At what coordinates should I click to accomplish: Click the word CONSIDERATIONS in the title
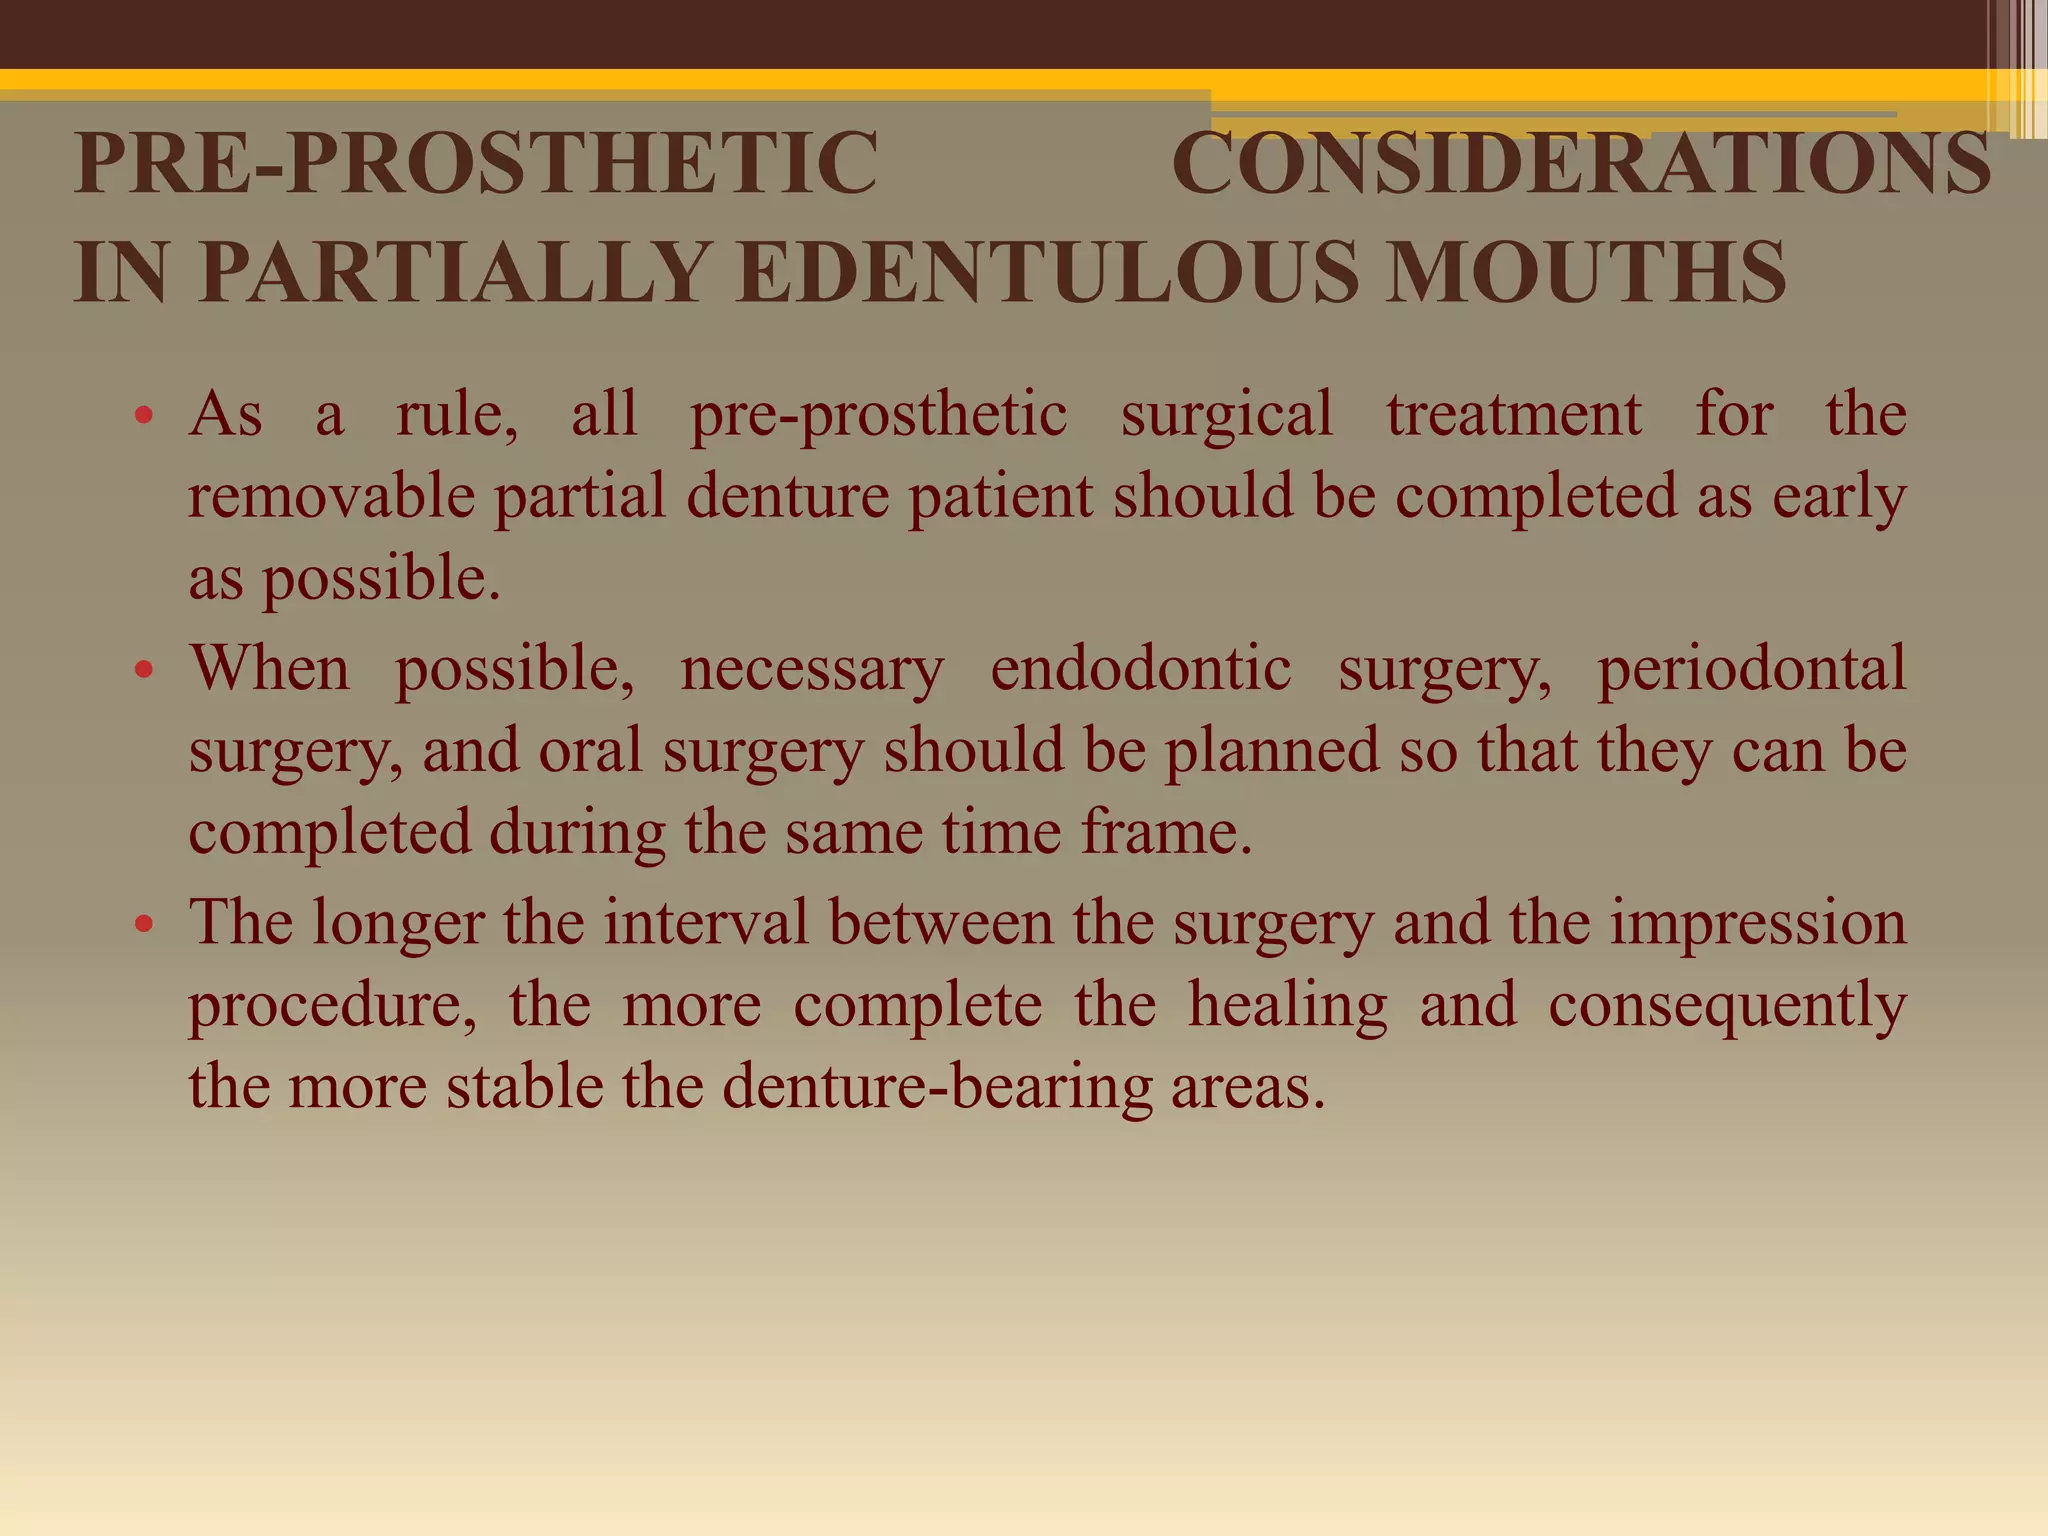click(1581, 163)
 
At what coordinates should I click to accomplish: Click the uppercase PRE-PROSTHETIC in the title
click(476, 163)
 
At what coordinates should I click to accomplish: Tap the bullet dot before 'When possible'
click(144, 670)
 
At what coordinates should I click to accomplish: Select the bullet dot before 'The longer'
click(144, 924)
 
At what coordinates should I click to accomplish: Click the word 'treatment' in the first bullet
click(1514, 414)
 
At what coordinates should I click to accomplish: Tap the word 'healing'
click(1288, 1005)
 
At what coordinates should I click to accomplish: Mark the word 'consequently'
click(1727, 1005)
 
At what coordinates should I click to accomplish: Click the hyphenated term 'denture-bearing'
click(937, 1087)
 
